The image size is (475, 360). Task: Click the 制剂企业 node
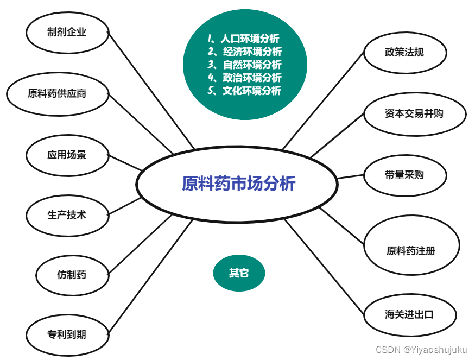[x=67, y=32]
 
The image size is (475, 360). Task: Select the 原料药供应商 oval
[x=57, y=93]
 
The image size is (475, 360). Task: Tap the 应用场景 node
[x=67, y=155]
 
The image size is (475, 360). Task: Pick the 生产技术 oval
[x=67, y=215]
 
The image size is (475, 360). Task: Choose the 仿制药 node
[x=72, y=275]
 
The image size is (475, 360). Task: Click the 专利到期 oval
[x=67, y=334]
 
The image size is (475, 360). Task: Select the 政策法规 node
[x=404, y=53]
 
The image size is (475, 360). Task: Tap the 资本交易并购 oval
[x=414, y=114]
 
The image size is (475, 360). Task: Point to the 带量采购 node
[x=404, y=175]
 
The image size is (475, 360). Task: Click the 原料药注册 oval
[x=411, y=250]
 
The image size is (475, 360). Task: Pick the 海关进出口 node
[x=409, y=314]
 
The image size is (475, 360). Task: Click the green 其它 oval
[x=239, y=273]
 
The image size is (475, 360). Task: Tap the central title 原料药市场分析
[x=238, y=184]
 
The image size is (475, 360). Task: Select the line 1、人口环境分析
[x=244, y=39]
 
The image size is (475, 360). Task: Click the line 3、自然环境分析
[x=245, y=65]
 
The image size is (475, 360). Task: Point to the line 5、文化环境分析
[x=245, y=91]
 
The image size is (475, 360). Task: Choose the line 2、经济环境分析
[x=245, y=52]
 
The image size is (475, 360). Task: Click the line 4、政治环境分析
[x=245, y=78]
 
